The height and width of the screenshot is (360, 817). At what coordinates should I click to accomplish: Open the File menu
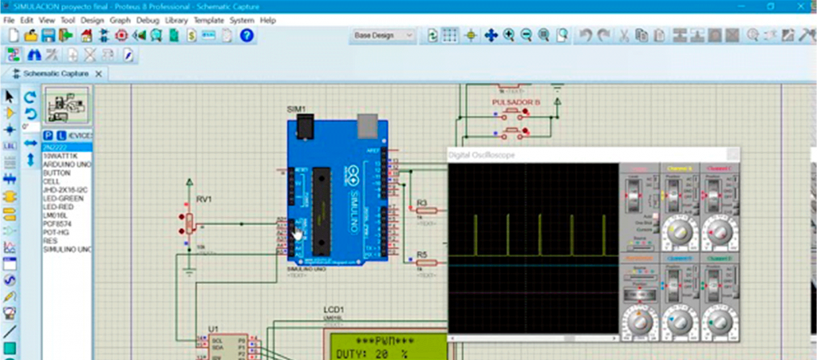pyautogui.click(x=9, y=20)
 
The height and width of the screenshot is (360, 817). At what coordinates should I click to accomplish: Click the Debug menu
pyautogui.click(x=148, y=20)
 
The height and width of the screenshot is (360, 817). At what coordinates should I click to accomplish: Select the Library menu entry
pyautogui.click(x=176, y=20)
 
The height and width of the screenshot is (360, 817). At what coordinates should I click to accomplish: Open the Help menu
pyautogui.click(x=267, y=20)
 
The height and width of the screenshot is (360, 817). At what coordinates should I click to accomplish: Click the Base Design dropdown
pyautogui.click(x=384, y=36)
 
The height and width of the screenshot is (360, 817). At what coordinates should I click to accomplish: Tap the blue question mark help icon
pyautogui.click(x=247, y=36)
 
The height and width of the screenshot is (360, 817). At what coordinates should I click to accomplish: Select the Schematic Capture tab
pyautogui.click(x=57, y=73)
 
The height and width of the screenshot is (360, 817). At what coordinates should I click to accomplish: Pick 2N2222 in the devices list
pyautogui.click(x=56, y=148)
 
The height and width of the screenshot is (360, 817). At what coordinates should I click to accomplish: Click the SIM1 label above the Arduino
pyautogui.click(x=296, y=109)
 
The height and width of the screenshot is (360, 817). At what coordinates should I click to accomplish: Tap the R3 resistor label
pyautogui.click(x=422, y=203)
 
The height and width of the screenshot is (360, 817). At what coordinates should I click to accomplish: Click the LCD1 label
pyautogui.click(x=333, y=310)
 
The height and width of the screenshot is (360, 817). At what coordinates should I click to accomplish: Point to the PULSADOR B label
pyautogui.click(x=515, y=103)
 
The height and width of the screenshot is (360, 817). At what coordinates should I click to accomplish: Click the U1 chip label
pyautogui.click(x=213, y=329)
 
